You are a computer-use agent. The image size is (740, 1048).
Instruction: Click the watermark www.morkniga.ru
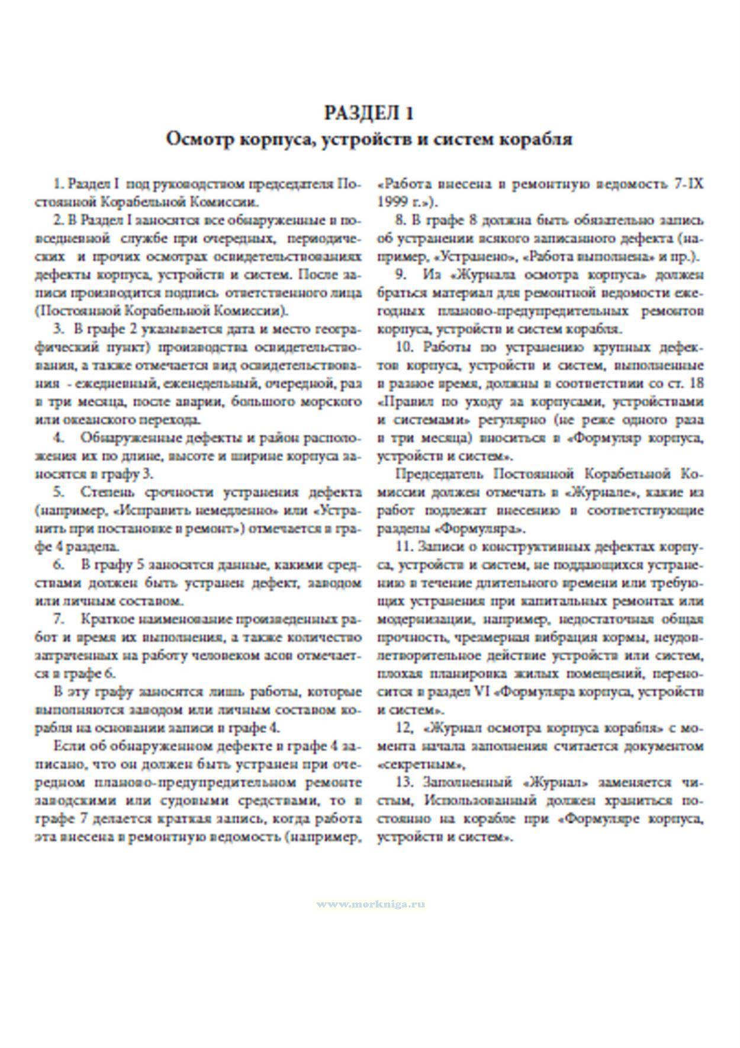click(x=371, y=904)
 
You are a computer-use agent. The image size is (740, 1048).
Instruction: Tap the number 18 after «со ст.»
click(x=697, y=384)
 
